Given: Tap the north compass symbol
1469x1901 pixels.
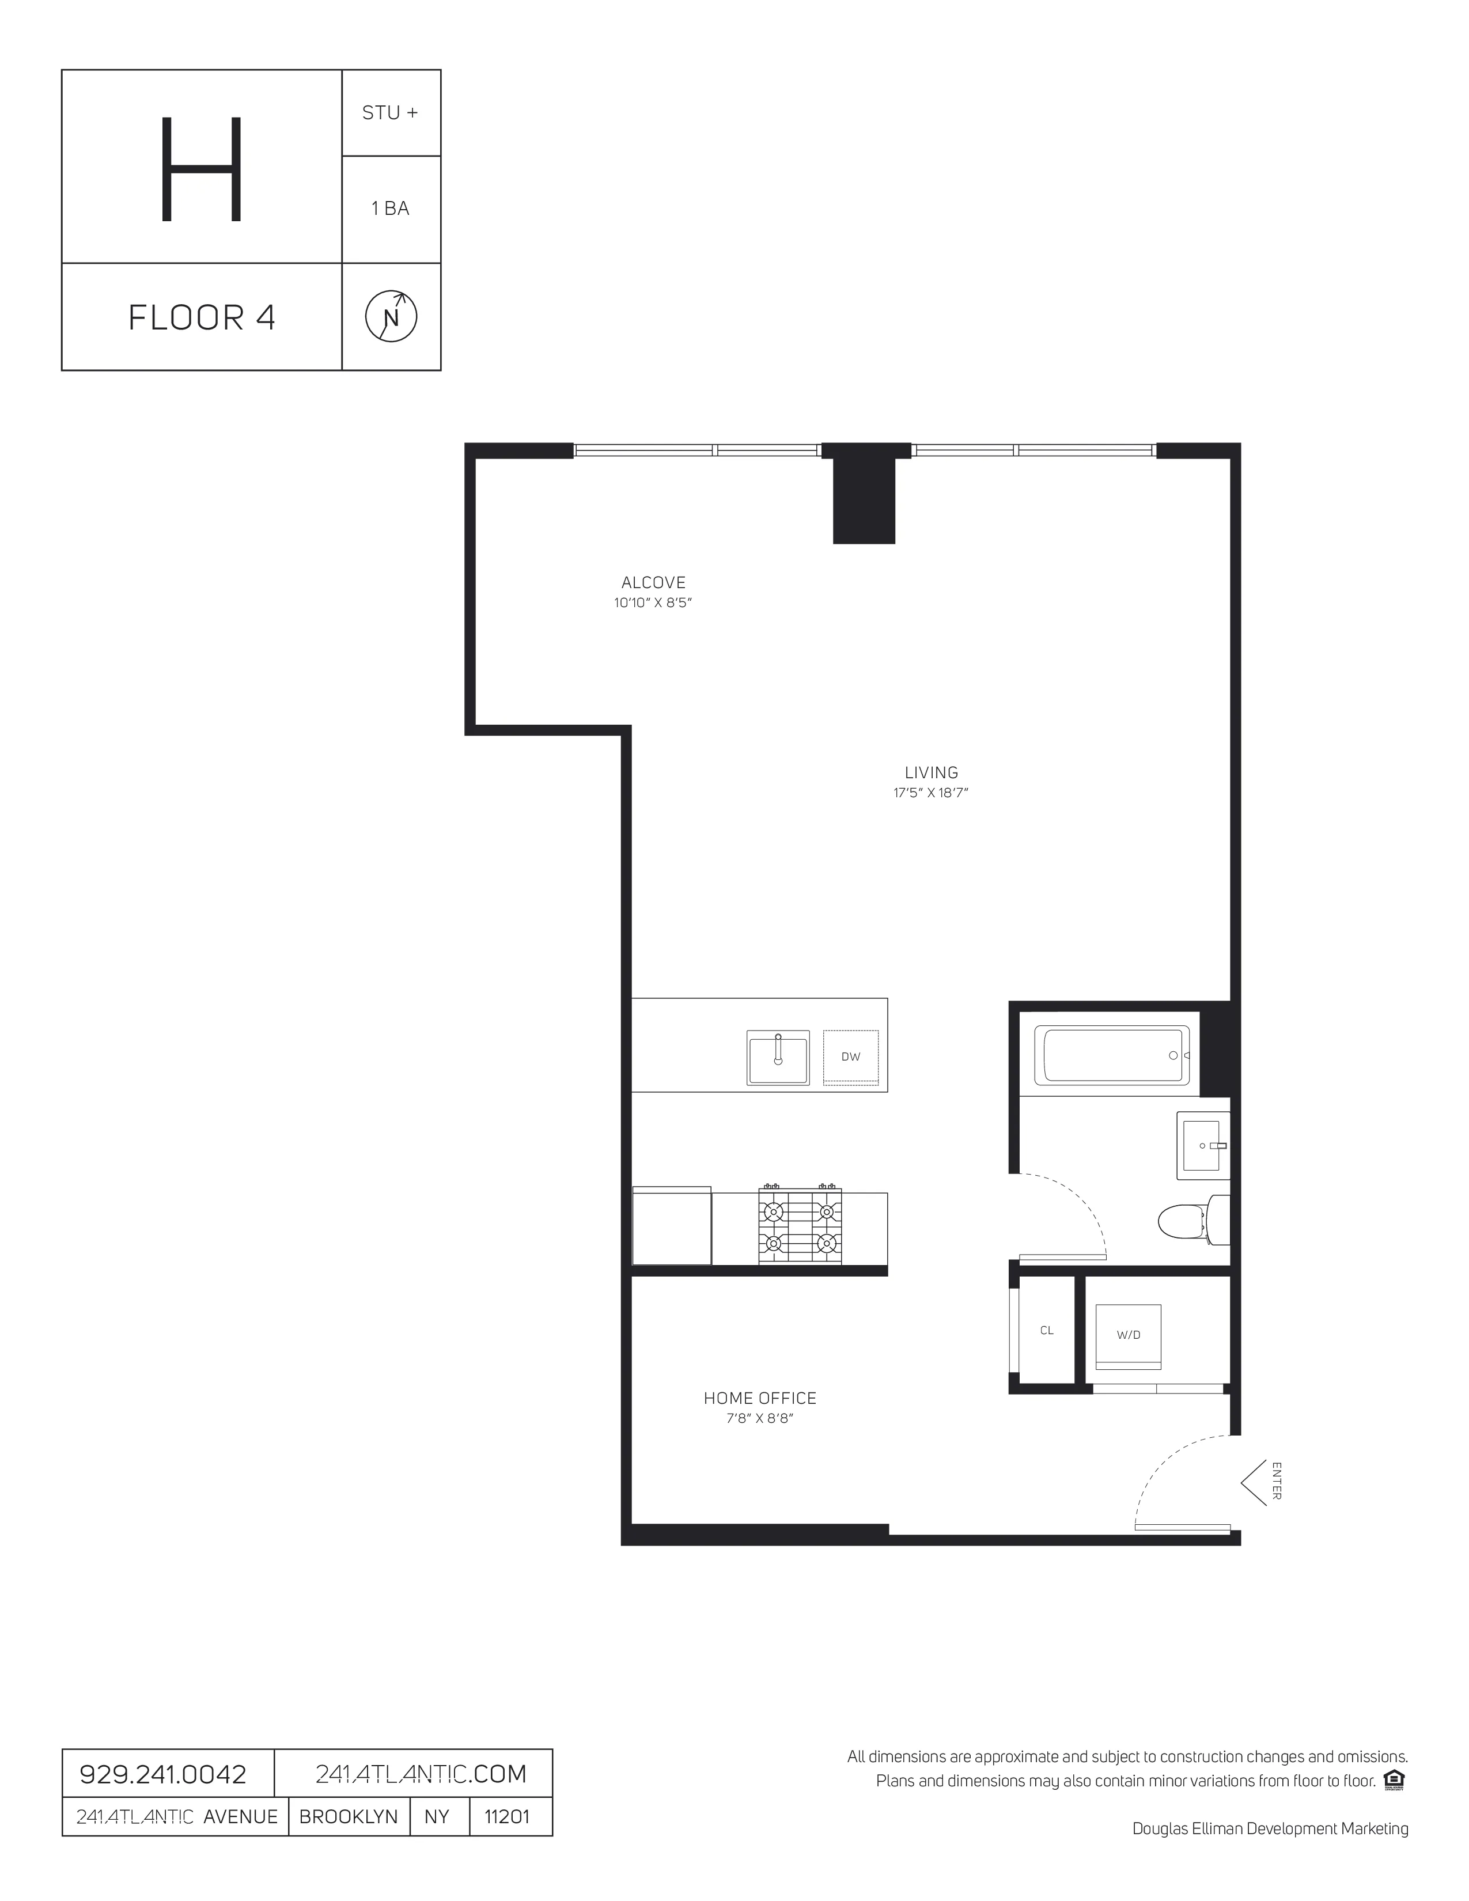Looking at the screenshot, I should [391, 317].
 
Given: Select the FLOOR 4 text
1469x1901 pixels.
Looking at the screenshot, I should [202, 318].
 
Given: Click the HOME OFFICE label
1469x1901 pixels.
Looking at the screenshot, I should [760, 1398].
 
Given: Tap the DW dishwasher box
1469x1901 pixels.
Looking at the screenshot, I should [850, 1056].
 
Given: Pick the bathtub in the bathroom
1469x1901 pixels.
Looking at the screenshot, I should [1111, 1055].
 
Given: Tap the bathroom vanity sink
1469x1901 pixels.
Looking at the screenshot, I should [1203, 1145].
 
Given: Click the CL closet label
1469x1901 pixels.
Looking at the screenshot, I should [1046, 1330].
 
